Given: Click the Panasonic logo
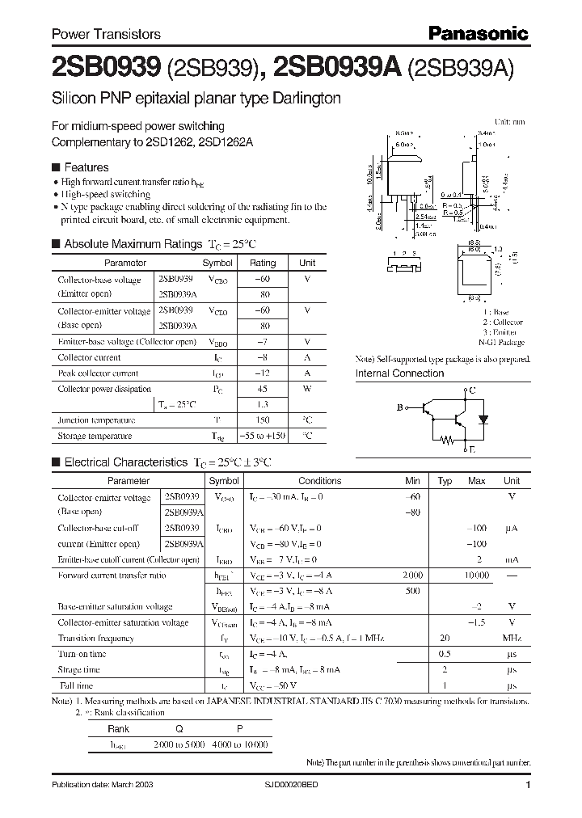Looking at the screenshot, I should coord(477,33).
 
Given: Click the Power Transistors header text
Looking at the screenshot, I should coord(106,34).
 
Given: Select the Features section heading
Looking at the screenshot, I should coord(86,167).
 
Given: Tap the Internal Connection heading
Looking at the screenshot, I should coord(399,373).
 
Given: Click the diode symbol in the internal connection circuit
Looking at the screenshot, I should coord(484,420).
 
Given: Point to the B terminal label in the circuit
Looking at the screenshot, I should coord(399,408).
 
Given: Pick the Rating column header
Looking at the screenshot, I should coord(262,263).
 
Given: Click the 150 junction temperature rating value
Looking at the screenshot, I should coord(262,420).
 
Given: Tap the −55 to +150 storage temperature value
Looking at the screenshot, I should coord(262,436).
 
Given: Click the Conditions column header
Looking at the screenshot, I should coord(319,480).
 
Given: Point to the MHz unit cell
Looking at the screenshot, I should coord(511,638).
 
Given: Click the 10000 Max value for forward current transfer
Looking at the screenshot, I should coord(476,575).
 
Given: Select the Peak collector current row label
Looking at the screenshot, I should coord(98,373).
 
